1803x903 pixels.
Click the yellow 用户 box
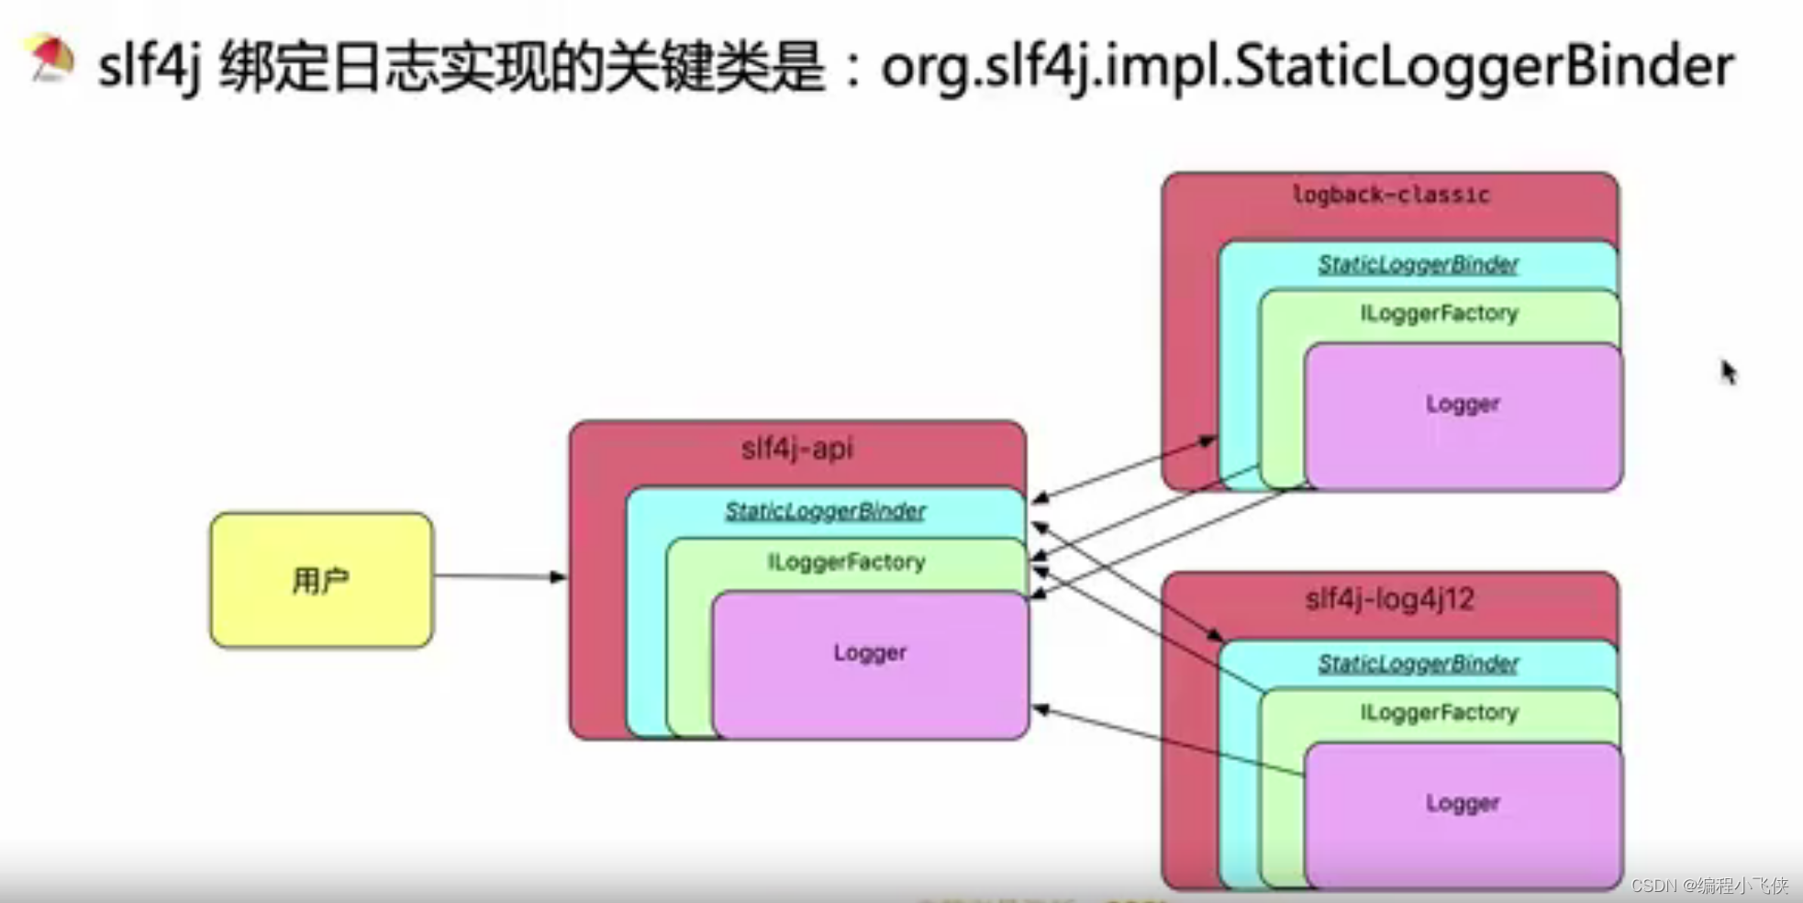[x=321, y=580]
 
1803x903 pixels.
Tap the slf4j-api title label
[x=796, y=449]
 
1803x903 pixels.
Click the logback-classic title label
[x=1390, y=195]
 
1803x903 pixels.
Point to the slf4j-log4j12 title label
[x=1389, y=600]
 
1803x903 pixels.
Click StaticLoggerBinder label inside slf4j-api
[x=825, y=511]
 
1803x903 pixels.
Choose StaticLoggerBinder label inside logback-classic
[x=1418, y=265]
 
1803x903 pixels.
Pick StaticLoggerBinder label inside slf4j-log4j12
[x=1418, y=663]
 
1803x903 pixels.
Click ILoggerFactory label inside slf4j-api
[x=846, y=562]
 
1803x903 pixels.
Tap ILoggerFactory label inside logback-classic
[x=1439, y=314]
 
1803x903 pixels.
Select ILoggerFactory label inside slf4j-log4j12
[x=1439, y=713]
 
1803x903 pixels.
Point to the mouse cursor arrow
[x=1728, y=371]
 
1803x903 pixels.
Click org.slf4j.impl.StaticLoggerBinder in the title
[x=1307, y=66]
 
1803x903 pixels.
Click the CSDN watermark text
[x=1708, y=886]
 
